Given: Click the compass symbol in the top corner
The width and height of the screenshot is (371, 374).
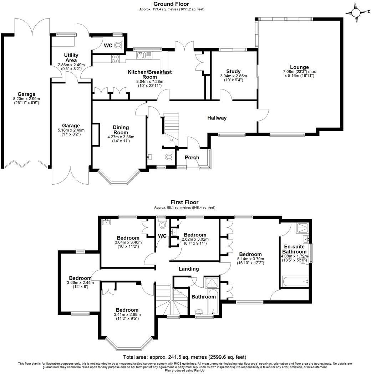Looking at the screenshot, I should pos(356,13).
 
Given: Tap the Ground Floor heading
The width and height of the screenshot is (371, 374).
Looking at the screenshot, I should pos(172,4).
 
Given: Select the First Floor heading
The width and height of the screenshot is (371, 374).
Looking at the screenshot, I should pos(184,202).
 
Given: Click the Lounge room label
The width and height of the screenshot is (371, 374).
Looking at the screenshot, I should pos(299,67).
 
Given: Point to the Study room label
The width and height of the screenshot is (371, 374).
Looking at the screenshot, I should pos(233,71).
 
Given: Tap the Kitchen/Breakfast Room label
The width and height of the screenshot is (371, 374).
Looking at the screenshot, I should pos(149,74).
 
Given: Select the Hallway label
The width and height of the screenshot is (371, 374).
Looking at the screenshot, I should pos(217,118).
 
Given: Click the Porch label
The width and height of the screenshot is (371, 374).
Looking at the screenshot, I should pos(192,158).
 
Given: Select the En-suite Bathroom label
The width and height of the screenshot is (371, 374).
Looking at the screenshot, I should pos(295,249).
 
